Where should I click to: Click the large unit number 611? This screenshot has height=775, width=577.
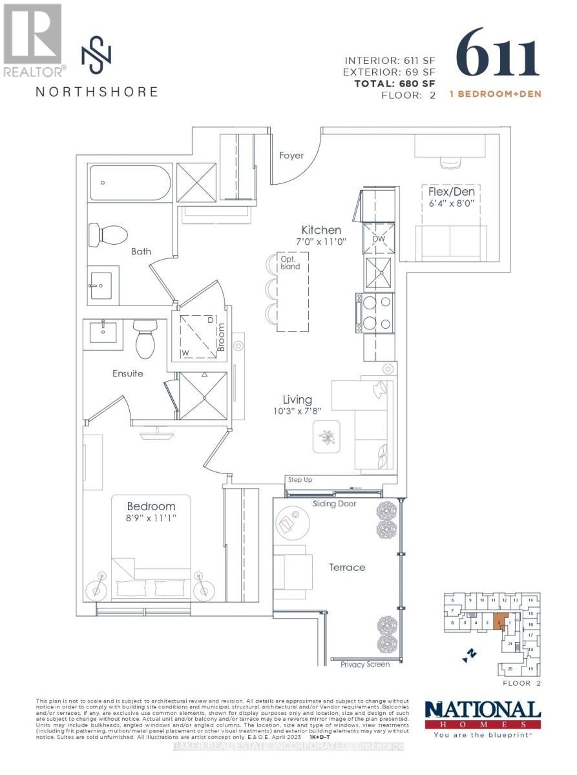pos(498,53)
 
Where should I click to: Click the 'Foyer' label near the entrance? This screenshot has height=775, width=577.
pos(291,156)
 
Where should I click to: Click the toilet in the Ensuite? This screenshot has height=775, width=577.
pos(145,340)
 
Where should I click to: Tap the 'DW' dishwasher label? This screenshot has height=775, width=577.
pos(378,238)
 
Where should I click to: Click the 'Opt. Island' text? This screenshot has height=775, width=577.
pos(289,263)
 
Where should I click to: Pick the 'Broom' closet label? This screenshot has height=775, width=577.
pos(220,336)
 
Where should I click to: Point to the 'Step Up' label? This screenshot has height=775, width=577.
pos(300,480)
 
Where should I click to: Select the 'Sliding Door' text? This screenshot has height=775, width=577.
pos(334,504)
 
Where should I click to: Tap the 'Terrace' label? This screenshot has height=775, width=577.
pos(347,567)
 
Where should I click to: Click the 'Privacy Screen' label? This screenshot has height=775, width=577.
pos(365,665)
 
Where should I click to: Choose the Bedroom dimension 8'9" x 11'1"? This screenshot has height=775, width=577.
pos(151,517)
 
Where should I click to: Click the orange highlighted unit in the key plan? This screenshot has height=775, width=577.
pos(499,621)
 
